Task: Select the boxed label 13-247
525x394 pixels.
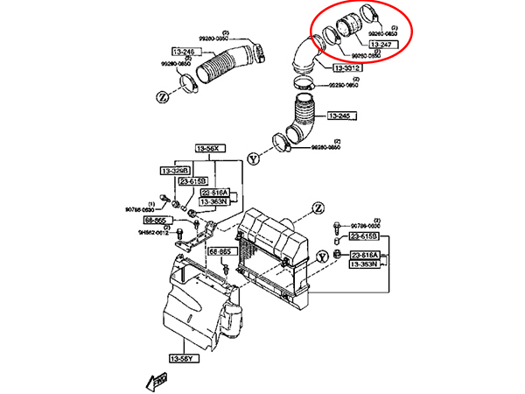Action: pyautogui.click(x=381, y=44)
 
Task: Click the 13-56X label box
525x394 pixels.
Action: pyautogui.click(x=211, y=150)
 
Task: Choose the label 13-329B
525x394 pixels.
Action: pyautogui.click(x=175, y=170)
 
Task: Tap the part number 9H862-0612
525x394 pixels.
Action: pyautogui.click(x=153, y=232)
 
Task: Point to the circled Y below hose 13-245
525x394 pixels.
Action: pyautogui.click(x=255, y=159)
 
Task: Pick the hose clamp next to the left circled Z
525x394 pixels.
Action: pyautogui.click(x=187, y=83)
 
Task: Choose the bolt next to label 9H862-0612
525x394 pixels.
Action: pyautogui.click(x=180, y=233)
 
